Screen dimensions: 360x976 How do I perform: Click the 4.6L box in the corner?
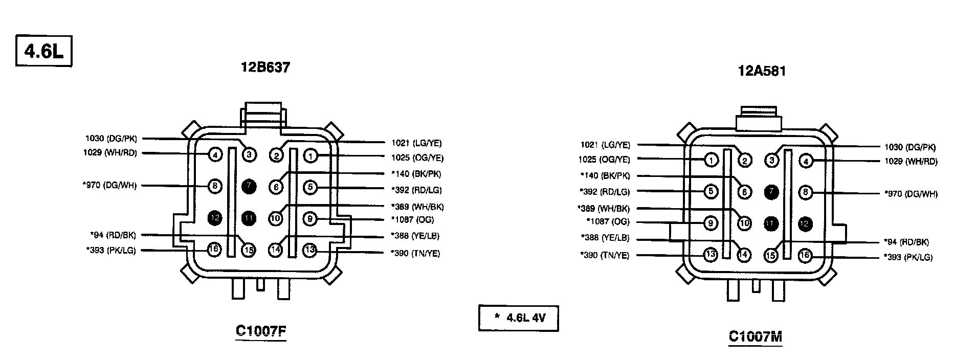coord(43,51)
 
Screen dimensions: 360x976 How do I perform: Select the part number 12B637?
coord(265,67)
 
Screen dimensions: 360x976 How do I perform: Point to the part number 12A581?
coord(762,71)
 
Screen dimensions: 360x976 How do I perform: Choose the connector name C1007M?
coord(756,336)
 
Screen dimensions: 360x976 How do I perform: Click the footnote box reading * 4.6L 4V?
coord(518,318)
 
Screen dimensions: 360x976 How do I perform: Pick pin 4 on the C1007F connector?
coord(215,154)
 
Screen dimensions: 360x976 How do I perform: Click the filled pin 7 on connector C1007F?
coord(249,187)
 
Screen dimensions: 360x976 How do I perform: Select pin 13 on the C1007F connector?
coord(310,250)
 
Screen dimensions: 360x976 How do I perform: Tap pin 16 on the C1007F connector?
coord(215,250)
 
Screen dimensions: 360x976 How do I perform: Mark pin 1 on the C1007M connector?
coord(711,160)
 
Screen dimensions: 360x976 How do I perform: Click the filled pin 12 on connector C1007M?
coord(805,223)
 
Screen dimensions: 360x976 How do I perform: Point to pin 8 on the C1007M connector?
coord(805,192)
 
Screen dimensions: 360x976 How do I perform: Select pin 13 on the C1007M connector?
coord(711,255)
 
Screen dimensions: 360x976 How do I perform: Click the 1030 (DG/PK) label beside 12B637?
coord(111,138)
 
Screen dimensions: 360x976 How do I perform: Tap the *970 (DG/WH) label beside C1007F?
coord(109,185)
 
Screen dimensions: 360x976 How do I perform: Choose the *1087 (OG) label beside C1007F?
coord(412,220)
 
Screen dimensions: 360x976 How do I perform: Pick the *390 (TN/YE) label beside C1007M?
coord(605,255)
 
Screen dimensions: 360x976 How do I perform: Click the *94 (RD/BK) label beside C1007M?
coord(906,242)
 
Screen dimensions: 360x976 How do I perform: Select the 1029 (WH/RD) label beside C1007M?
coord(911,162)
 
